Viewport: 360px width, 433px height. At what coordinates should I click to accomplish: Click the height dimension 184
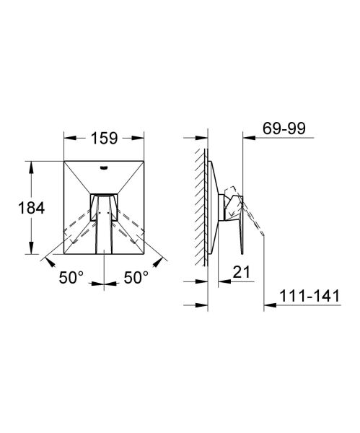[x=30, y=208]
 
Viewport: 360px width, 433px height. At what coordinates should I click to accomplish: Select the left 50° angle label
[x=72, y=276]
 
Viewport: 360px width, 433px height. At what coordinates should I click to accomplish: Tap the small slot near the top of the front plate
[x=105, y=168]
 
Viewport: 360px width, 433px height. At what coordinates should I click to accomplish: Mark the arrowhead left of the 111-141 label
[x=268, y=304]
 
